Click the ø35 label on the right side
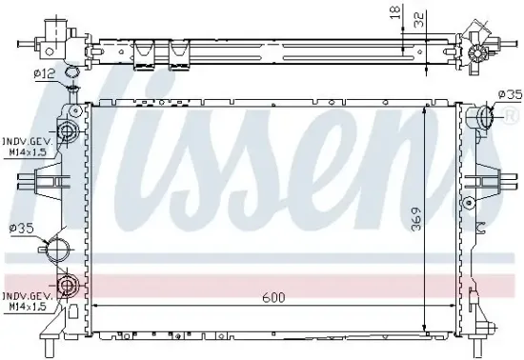[511, 93]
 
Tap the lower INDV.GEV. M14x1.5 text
[25, 300]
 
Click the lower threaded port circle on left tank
[69, 285]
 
